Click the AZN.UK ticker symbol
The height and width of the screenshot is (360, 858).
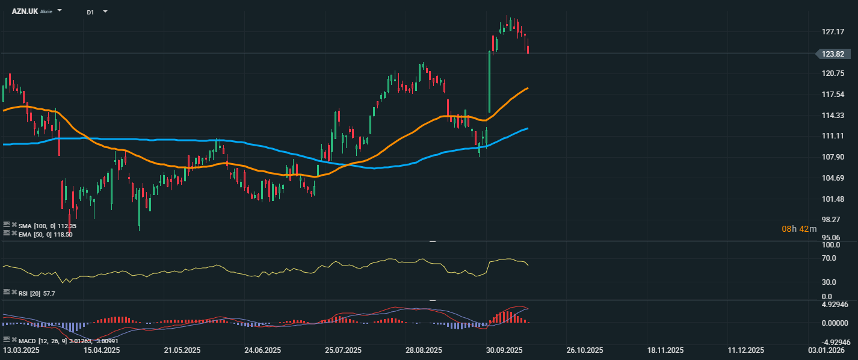[x=25, y=11]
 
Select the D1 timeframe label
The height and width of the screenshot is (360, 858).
[x=90, y=12]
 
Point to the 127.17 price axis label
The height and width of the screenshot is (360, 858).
[x=832, y=32]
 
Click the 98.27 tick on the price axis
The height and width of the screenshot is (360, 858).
[x=831, y=220]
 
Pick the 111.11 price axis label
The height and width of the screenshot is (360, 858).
[x=832, y=136]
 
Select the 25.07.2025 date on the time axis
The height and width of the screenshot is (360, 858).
[x=343, y=350]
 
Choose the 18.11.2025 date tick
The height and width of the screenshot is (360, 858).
[x=665, y=350]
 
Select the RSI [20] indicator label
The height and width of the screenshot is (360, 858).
[x=29, y=293]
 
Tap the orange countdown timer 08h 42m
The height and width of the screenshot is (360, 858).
[x=799, y=229]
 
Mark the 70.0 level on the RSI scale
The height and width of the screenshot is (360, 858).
[x=830, y=258]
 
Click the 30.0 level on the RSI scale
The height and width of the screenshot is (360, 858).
[x=830, y=282]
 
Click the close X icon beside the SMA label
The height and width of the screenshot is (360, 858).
[x=14, y=225]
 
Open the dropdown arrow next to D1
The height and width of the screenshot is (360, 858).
[x=105, y=11]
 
